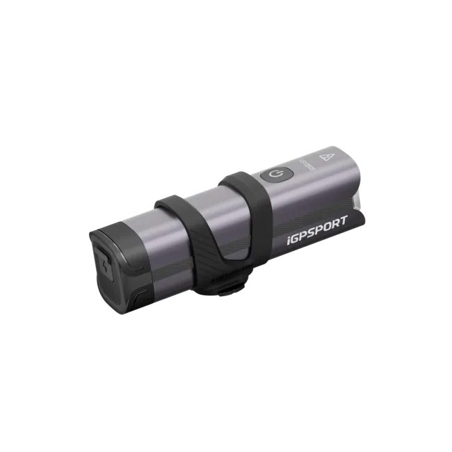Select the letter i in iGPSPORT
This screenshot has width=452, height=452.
click(290, 244)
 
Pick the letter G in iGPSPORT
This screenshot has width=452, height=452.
click(297, 243)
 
